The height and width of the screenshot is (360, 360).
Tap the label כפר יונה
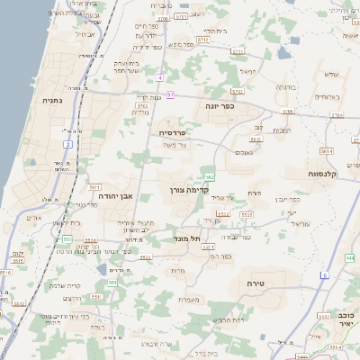click(219, 106)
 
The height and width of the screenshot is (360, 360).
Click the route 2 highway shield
click(67, 144)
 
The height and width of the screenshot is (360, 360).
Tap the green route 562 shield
click(209, 177)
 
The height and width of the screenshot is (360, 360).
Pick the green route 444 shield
click(349, 257)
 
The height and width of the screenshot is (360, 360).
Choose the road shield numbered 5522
click(146, 256)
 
